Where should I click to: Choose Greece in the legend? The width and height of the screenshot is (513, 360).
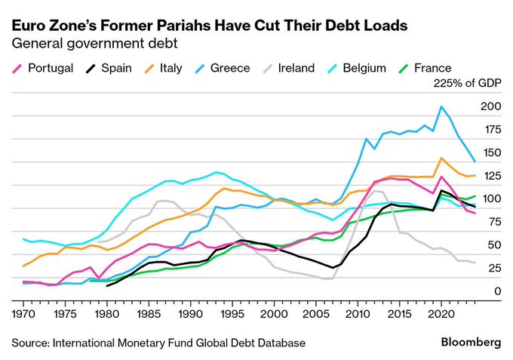229,68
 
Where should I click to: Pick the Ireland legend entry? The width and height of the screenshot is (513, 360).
296,68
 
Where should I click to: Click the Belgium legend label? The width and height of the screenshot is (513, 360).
364,68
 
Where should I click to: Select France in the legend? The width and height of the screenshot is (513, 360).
432,68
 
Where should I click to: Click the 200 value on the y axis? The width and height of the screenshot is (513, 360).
490,106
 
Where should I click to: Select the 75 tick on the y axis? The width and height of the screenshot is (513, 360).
493,222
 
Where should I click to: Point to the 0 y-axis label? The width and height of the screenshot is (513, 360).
497,291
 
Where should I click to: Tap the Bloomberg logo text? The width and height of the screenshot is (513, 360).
469,342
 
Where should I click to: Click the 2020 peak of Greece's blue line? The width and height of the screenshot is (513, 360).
441,106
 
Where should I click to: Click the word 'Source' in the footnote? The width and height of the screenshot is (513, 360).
29,343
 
